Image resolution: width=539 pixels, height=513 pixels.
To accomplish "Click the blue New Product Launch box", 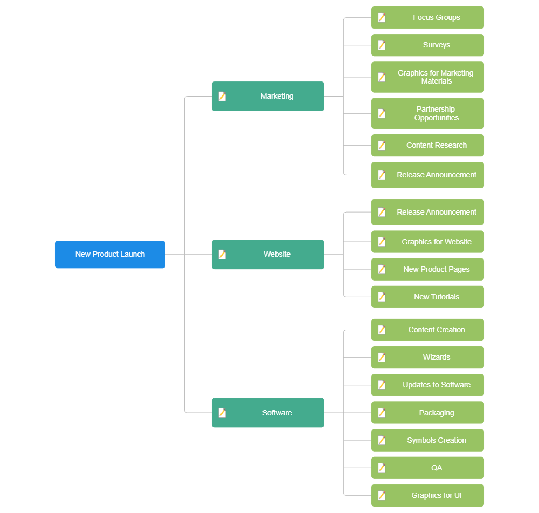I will point(110,254).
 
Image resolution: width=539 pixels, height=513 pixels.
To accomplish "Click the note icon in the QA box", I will point(382,468).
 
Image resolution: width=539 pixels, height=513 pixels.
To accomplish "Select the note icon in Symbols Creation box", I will point(382,440).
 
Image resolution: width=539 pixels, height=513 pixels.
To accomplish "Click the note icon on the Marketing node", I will point(222,96).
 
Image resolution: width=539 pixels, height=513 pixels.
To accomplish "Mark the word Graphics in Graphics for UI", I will point(424,495).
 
